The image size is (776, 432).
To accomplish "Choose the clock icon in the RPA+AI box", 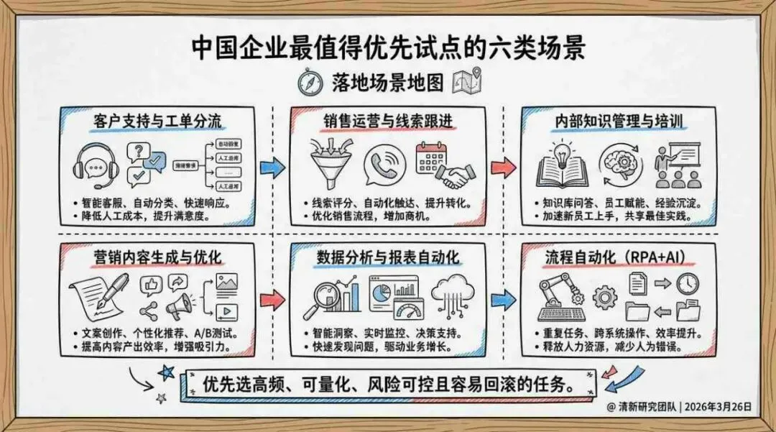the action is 687,283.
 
